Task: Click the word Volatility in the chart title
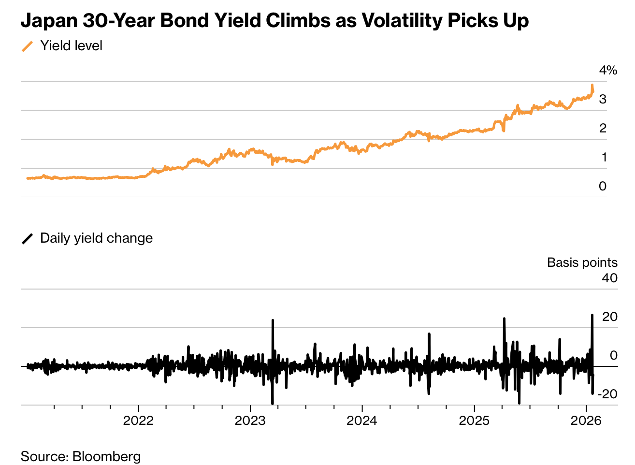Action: pyautogui.click(x=402, y=20)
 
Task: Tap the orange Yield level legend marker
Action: pyautogui.click(x=28, y=46)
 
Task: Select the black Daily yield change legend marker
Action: pyautogui.click(x=28, y=239)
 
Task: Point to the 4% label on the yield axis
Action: pyautogui.click(x=608, y=71)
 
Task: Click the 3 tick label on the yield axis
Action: pyautogui.click(x=603, y=99)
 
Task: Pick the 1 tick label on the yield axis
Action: pyautogui.click(x=604, y=157)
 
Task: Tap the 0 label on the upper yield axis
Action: pyautogui.click(x=603, y=186)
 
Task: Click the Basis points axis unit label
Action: pyautogui.click(x=582, y=262)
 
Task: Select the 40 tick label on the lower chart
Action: pyautogui.click(x=610, y=278)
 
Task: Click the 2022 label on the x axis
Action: pyautogui.click(x=138, y=421)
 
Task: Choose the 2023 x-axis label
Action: pyautogui.click(x=250, y=421)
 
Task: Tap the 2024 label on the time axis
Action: pyautogui.click(x=362, y=421)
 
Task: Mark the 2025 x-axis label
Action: pyautogui.click(x=474, y=421)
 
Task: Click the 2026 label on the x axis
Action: pyautogui.click(x=586, y=421)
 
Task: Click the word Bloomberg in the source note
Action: pyautogui.click(x=106, y=456)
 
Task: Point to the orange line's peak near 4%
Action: pyautogui.click(x=592, y=86)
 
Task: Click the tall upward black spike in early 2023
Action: pyautogui.click(x=273, y=321)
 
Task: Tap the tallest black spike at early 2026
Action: pyautogui.click(x=592, y=316)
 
